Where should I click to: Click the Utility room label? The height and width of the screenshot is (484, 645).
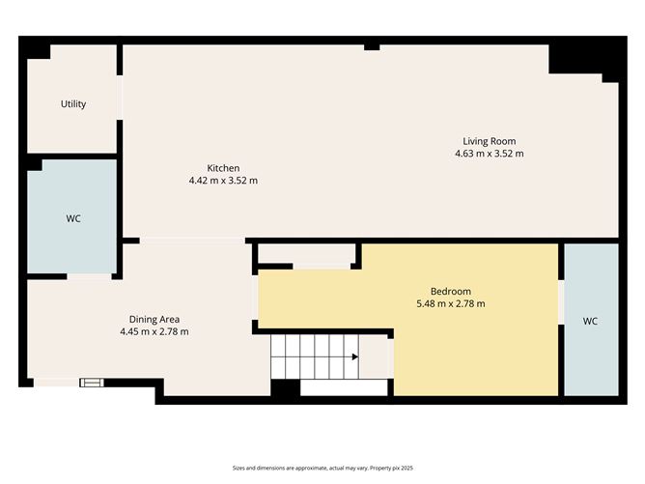click(x=73, y=103)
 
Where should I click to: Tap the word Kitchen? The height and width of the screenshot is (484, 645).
click(x=223, y=168)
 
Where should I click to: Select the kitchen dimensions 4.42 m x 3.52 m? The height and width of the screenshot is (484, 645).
click(x=223, y=181)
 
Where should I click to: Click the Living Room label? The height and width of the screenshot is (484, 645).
click(x=489, y=141)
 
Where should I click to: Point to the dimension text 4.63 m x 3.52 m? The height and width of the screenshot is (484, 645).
click(x=489, y=154)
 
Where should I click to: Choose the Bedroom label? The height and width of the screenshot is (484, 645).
click(x=450, y=292)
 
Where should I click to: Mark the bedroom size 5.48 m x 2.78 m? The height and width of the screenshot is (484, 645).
click(x=450, y=304)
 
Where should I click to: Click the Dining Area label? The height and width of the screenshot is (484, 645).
click(x=154, y=319)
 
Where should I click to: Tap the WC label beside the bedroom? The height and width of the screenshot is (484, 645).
click(x=590, y=322)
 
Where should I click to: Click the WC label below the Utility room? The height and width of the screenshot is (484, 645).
click(x=73, y=219)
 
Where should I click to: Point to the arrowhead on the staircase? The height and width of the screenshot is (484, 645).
click(x=355, y=357)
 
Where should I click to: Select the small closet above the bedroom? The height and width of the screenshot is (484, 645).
click(x=307, y=255)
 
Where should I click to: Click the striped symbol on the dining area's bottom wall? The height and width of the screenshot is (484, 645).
click(x=91, y=383)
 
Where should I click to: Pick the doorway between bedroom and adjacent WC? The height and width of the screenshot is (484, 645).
click(x=561, y=302)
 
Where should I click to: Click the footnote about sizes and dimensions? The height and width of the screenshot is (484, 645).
click(x=322, y=466)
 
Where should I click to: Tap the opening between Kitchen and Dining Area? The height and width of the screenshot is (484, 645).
click(x=193, y=240)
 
